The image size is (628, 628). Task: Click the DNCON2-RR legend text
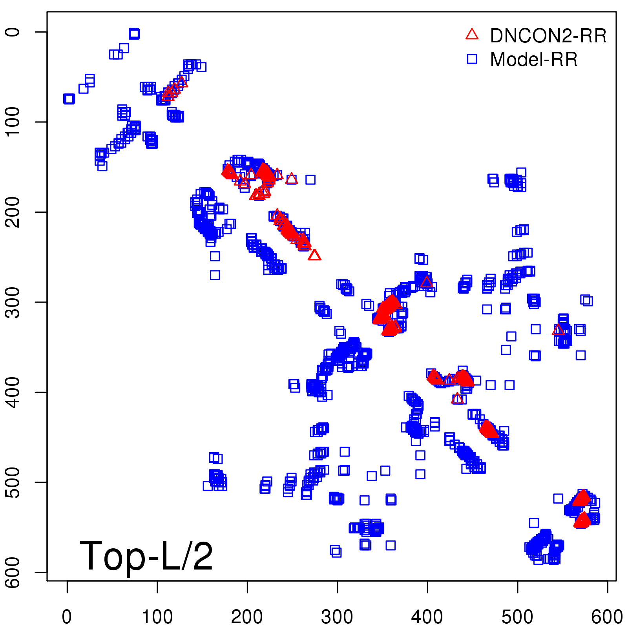(x=548, y=36)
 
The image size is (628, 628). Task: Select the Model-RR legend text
(x=534, y=60)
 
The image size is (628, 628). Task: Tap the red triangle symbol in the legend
(x=472, y=35)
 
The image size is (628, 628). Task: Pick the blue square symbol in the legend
(x=472, y=59)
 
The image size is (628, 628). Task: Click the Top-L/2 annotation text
(x=146, y=556)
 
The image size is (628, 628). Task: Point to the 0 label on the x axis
(x=67, y=617)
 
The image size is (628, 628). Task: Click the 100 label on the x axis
(x=157, y=617)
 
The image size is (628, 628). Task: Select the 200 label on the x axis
(x=247, y=617)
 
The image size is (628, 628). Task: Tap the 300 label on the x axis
(x=337, y=617)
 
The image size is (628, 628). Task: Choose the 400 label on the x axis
(x=427, y=617)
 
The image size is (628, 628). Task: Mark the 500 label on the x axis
(x=517, y=617)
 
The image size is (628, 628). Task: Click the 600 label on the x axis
(x=607, y=617)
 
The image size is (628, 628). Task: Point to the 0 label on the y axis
(x=13, y=32)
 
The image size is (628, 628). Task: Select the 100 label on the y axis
(x=13, y=122)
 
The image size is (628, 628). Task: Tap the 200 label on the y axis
(x=13, y=212)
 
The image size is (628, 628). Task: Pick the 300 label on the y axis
(x=13, y=302)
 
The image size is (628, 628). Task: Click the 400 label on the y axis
(x=13, y=392)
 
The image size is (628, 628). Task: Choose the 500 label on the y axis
(x=13, y=482)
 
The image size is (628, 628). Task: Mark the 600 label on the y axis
(x=13, y=572)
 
